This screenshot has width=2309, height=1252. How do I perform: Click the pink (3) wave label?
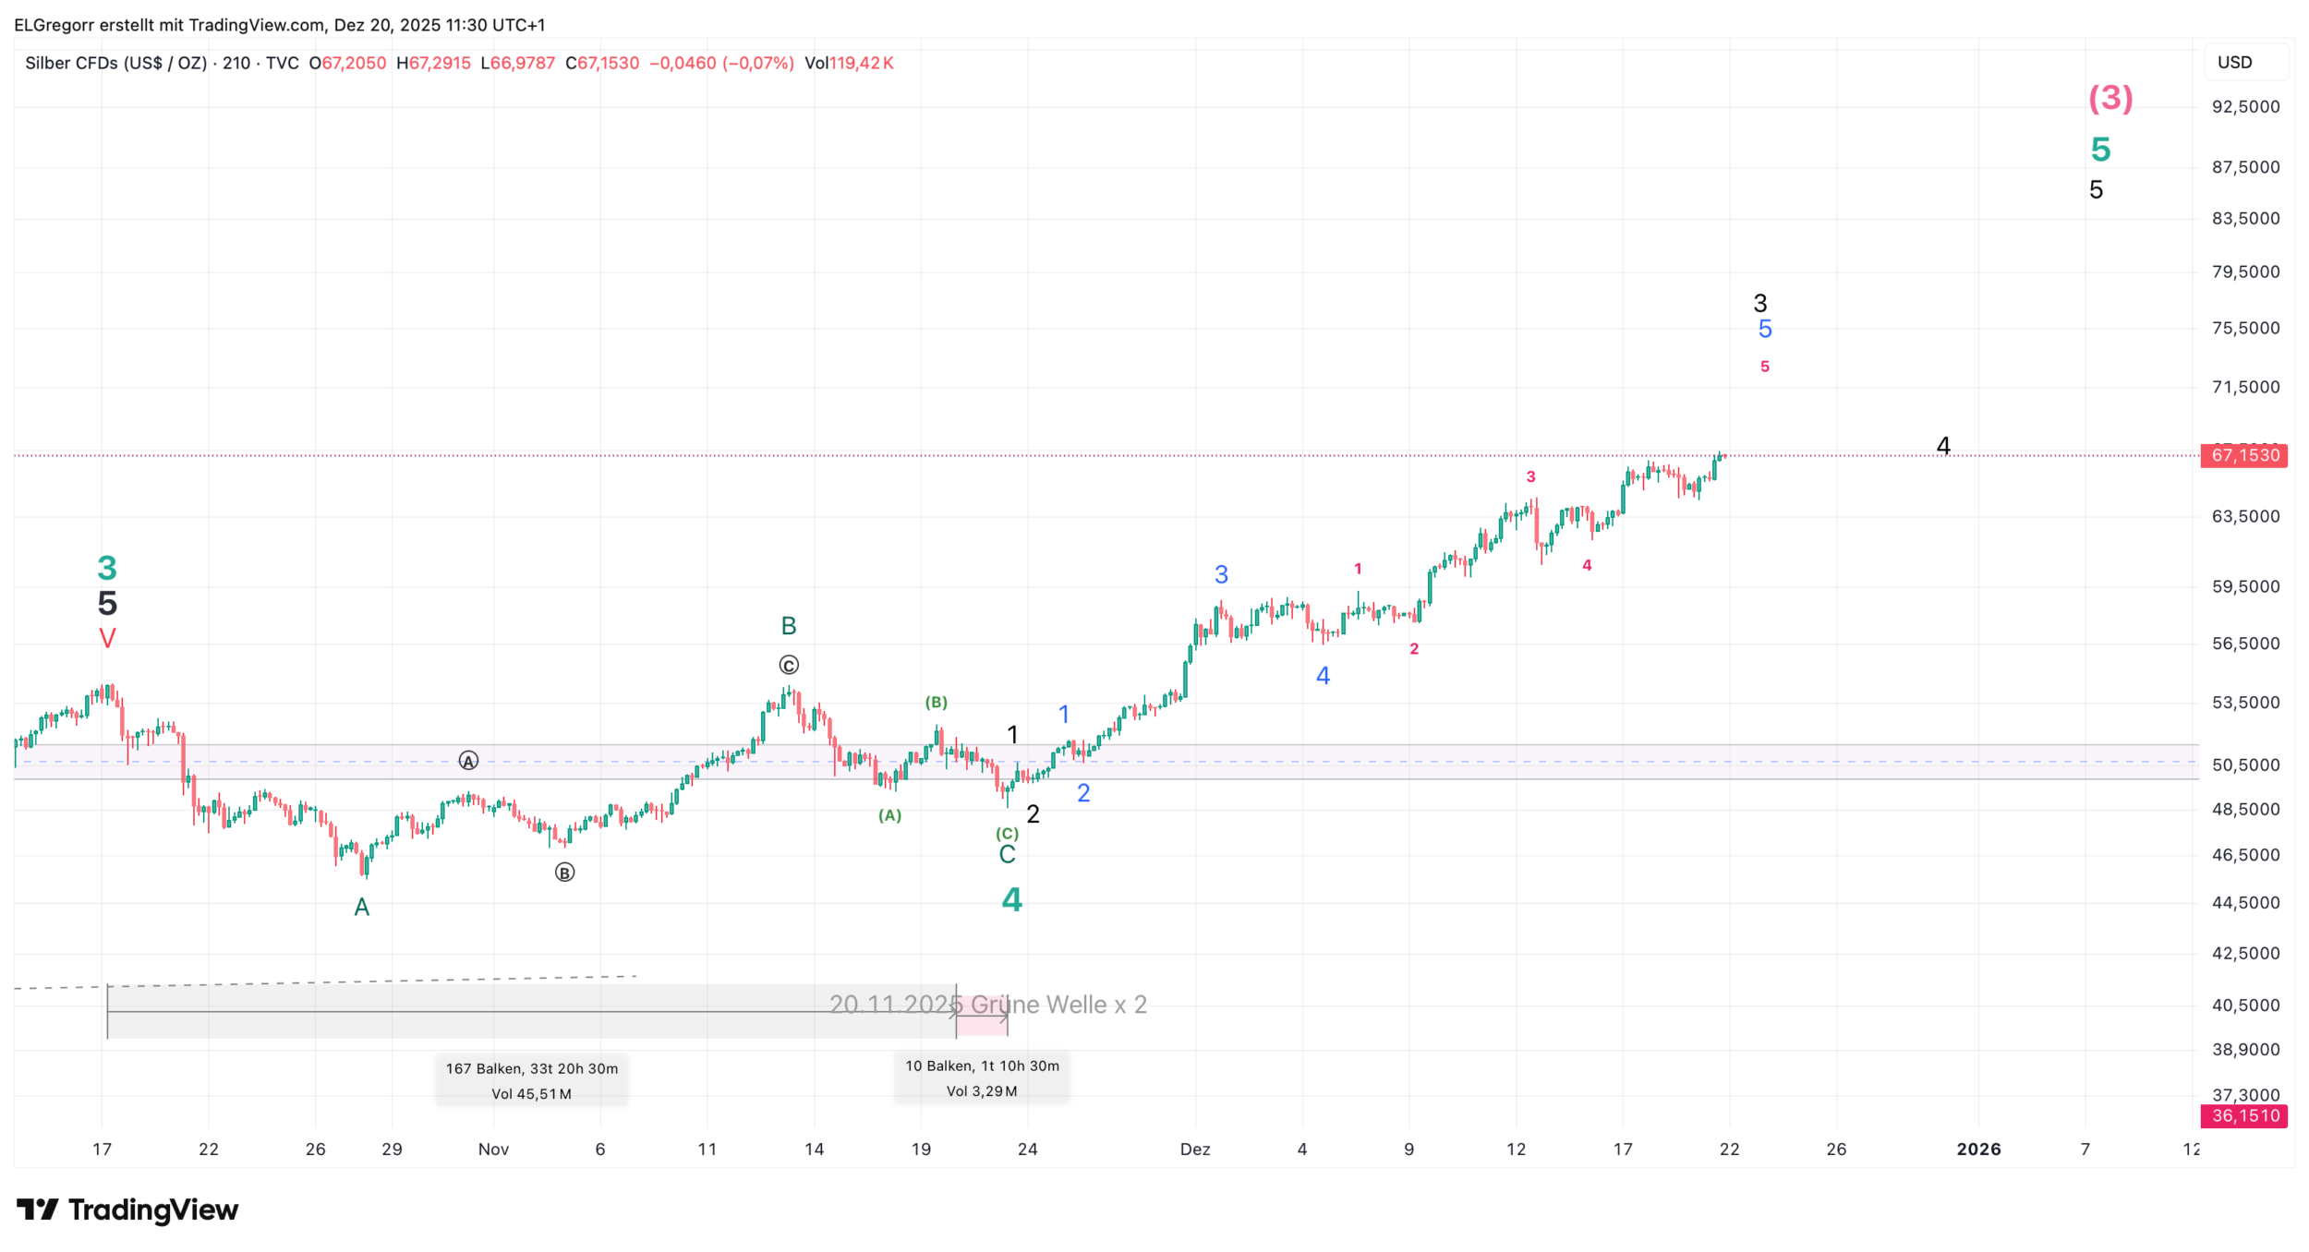2110,98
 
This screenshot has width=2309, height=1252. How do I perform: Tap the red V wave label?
107,638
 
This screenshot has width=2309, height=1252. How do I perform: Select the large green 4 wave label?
1011,899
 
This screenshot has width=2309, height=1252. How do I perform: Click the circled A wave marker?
468,761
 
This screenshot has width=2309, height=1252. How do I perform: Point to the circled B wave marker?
564,873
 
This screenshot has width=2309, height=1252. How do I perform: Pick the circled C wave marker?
788,665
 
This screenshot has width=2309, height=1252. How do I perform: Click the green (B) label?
936,703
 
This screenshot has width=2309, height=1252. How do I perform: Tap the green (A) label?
889,815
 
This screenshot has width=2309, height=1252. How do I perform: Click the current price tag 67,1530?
2244,455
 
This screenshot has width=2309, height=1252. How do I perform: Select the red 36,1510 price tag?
2244,1115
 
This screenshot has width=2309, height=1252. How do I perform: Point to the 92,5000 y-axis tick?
2245,107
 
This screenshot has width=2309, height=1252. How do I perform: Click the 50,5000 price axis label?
2245,764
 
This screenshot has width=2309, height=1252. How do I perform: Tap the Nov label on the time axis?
493,1150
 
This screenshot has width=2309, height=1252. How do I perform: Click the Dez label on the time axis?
1195,1150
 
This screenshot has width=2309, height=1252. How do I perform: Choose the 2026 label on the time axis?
1978,1150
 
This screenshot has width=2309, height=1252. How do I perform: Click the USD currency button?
2235,63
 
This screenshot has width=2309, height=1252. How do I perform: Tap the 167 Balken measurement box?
531,1080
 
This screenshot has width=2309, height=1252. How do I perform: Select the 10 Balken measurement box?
982,1077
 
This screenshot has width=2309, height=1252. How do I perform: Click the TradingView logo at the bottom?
127,1210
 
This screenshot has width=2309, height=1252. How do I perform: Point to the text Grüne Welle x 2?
1058,1005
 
